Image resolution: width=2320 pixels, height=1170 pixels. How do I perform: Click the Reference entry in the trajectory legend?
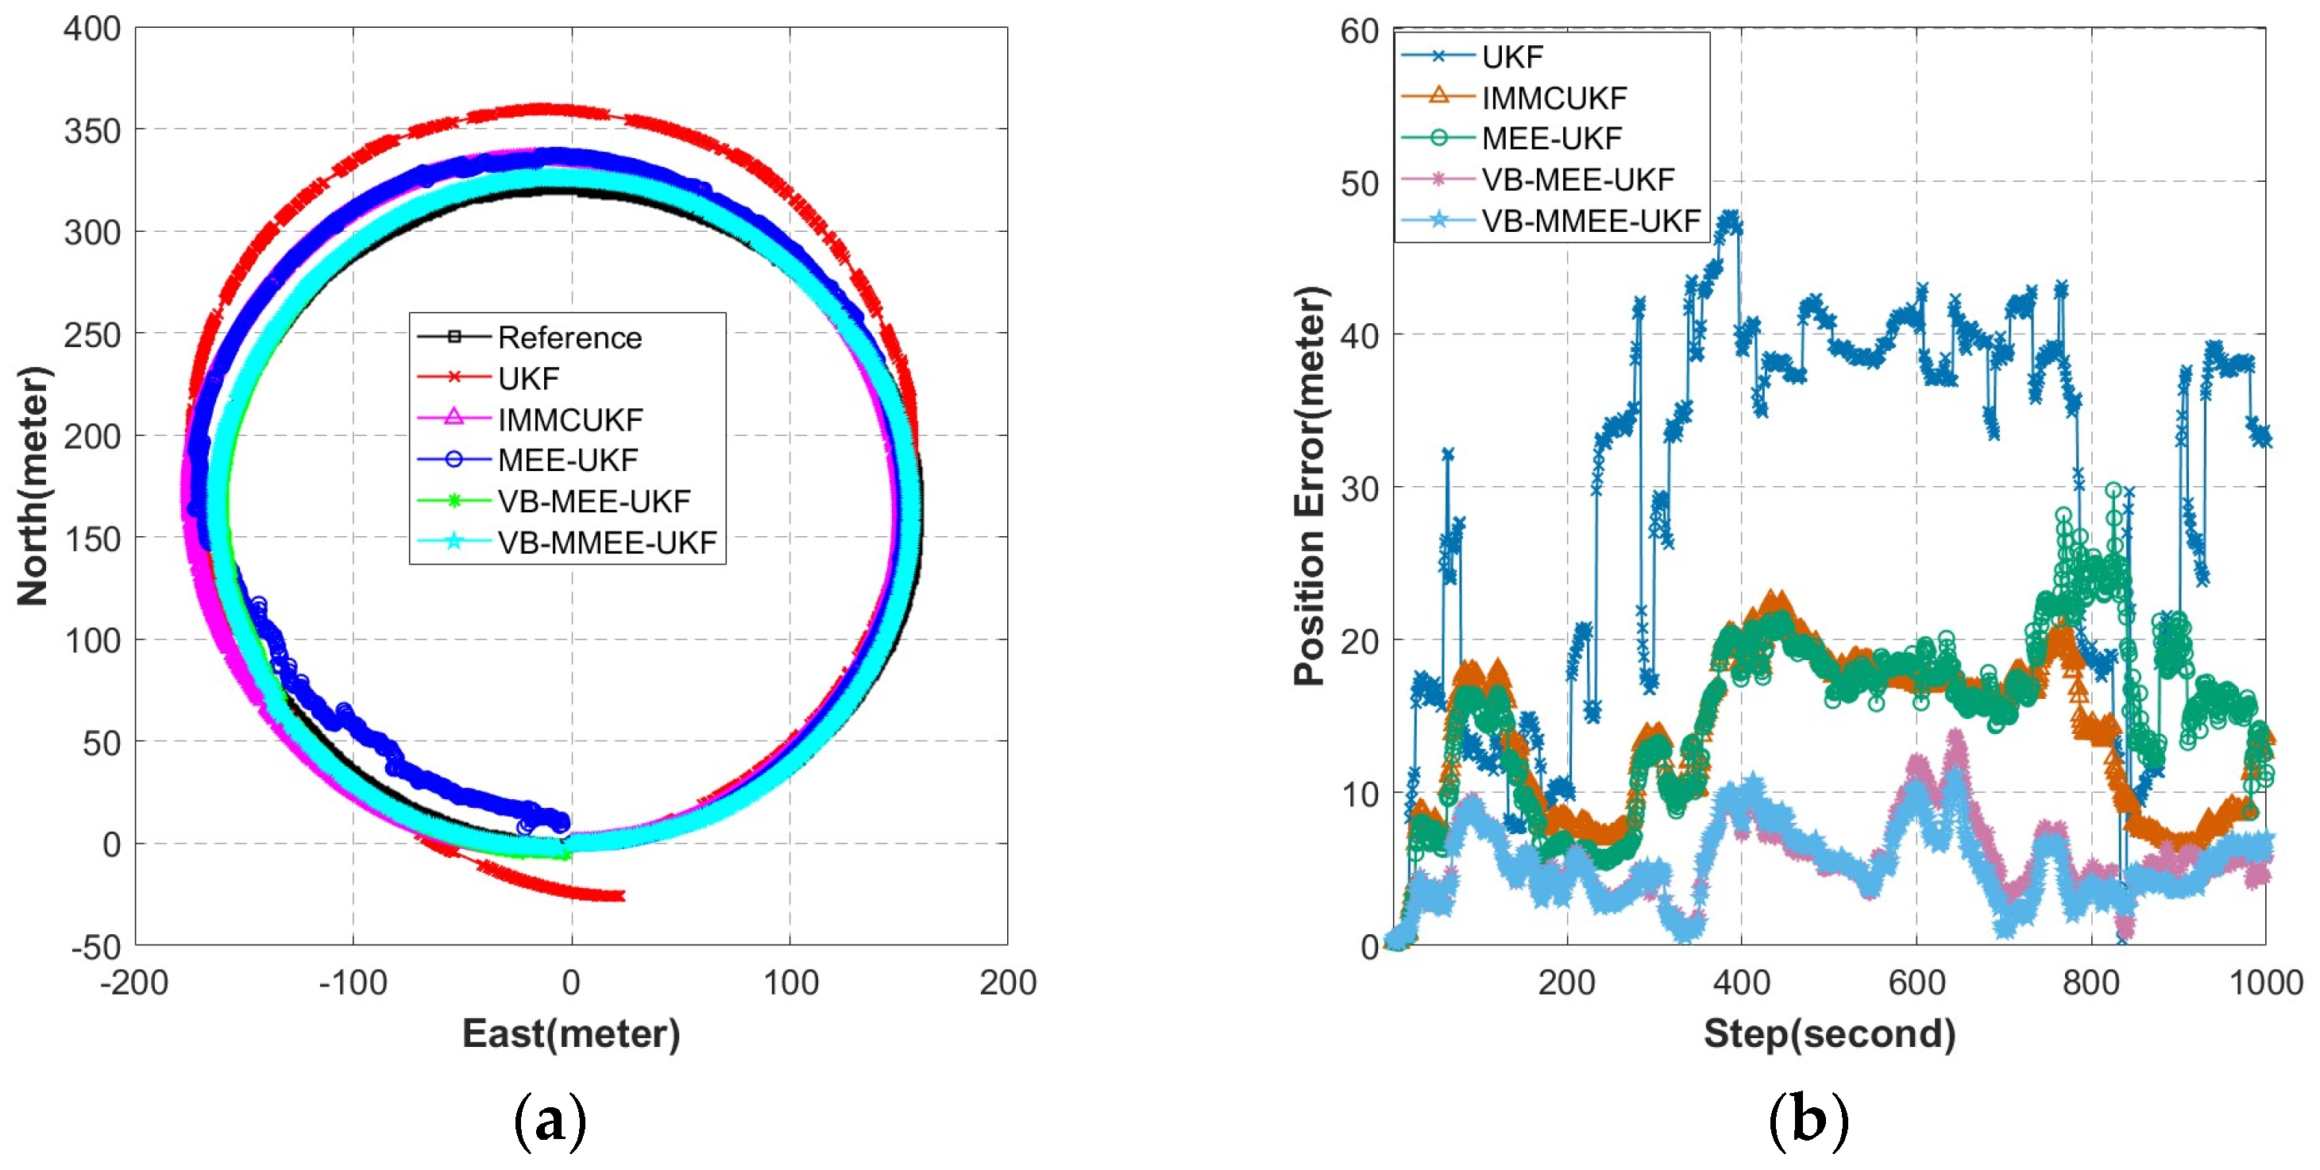tap(569, 338)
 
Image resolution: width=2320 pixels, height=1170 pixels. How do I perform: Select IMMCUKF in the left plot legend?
tap(570, 419)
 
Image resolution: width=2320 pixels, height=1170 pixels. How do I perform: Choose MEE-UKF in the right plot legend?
tap(1551, 139)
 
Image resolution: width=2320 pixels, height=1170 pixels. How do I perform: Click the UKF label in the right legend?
tap(1512, 56)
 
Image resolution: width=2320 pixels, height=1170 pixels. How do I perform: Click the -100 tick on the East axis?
tap(352, 983)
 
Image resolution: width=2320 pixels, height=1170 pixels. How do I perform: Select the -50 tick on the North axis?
tap(95, 948)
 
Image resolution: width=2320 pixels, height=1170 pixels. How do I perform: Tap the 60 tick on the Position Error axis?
tap(1359, 32)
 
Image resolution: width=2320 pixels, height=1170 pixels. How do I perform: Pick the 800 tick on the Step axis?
tap(2090, 983)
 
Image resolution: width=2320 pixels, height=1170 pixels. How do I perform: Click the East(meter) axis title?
tap(571, 1033)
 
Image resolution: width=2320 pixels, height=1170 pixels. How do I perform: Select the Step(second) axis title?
tap(1829, 1033)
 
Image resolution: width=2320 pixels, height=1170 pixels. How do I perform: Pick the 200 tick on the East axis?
tap(1007, 983)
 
